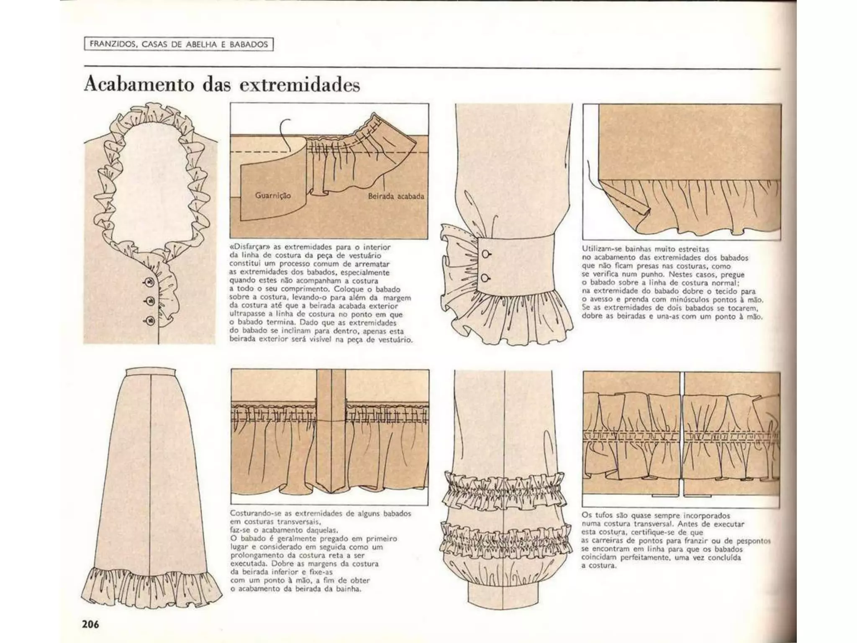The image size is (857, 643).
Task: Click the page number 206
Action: click(90, 624)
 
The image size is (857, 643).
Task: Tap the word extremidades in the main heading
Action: click(300, 85)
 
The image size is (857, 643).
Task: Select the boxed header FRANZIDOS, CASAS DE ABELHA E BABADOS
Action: click(179, 44)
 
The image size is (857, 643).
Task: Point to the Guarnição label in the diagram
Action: click(273, 195)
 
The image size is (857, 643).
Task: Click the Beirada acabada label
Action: click(396, 195)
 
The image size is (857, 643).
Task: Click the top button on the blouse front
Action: click(149, 281)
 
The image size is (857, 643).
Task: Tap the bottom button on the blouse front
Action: click(149, 321)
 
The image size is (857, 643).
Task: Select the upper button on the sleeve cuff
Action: click(486, 254)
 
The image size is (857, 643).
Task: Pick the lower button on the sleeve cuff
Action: click(486, 278)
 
